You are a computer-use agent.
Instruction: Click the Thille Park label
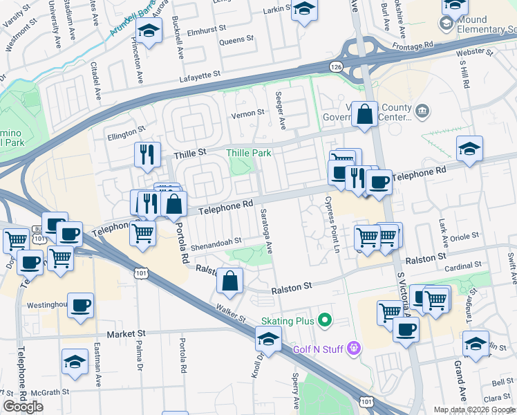(x=250, y=152)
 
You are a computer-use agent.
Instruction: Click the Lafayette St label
(x=200, y=73)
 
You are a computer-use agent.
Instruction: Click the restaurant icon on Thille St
(x=147, y=154)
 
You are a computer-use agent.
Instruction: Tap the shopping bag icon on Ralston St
(x=230, y=280)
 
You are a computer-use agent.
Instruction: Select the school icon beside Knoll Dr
(x=268, y=339)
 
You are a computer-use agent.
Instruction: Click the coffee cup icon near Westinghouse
(x=81, y=304)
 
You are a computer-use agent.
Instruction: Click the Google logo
(x=23, y=407)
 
